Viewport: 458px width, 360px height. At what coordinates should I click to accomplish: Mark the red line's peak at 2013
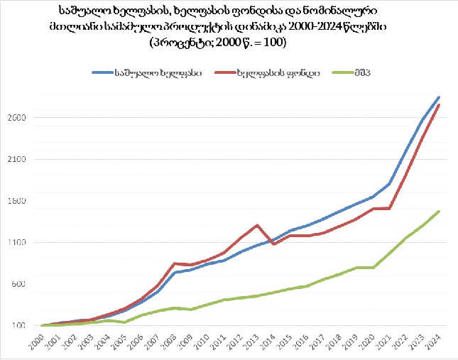click(257, 225)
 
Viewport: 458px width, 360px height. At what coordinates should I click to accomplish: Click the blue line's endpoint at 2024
click(439, 97)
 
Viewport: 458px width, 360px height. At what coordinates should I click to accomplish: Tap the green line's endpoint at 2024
click(439, 211)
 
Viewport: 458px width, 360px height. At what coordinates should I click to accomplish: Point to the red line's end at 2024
click(439, 105)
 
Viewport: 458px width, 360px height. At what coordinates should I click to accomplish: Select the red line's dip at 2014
click(273, 244)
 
